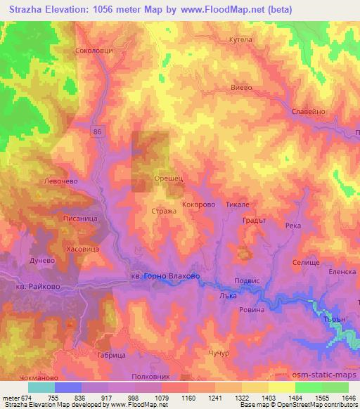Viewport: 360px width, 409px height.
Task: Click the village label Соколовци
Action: point(94,51)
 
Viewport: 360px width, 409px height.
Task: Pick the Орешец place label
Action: point(169,179)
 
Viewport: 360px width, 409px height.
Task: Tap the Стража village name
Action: point(164,210)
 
